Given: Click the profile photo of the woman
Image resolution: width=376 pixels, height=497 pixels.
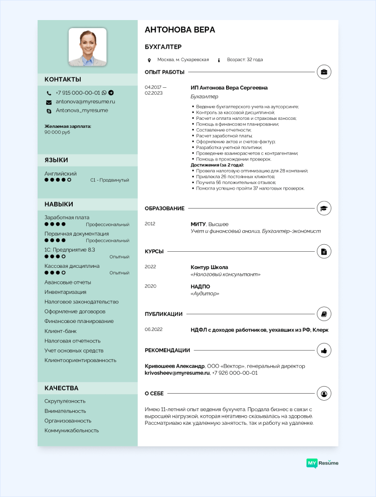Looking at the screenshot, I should click(x=87, y=47).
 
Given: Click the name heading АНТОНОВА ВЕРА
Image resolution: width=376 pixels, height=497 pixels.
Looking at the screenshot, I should click(x=179, y=30).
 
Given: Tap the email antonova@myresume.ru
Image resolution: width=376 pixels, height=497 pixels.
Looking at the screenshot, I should click(x=85, y=101).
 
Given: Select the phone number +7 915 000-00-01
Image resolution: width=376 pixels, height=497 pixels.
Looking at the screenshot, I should click(x=78, y=93).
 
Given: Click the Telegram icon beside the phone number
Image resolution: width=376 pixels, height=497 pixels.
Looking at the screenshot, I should click(x=111, y=93).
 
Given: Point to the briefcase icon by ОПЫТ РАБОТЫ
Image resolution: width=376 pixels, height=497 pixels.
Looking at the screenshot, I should click(x=324, y=72).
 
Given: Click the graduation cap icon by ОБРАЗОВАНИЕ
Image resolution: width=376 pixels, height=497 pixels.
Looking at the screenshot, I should click(x=324, y=208).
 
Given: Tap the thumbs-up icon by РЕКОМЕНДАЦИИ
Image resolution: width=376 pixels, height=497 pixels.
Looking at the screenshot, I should click(x=324, y=350).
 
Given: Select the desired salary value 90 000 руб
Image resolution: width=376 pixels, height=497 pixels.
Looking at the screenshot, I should click(x=57, y=132).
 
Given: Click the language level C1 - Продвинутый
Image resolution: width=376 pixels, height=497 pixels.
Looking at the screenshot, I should click(x=110, y=180).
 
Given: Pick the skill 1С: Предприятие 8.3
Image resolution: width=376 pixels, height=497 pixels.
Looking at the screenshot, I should click(x=70, y=250).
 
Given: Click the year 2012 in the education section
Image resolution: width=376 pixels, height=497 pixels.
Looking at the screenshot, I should click(x=150, y=224).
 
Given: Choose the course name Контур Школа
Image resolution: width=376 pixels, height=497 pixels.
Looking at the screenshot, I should click(x=209, y=267).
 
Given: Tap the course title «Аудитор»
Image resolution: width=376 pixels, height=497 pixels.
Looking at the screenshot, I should click(x=205, y=293).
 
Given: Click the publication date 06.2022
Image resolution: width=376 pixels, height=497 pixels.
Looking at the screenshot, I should click(x=153, y=330).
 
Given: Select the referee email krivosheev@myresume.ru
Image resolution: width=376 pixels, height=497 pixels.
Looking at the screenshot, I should click(x=177, y=373).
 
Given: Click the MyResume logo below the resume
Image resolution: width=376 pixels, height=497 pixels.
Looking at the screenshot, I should click(x=322, y=463).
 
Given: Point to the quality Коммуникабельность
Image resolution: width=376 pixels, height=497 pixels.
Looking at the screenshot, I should click(x=72, y=430).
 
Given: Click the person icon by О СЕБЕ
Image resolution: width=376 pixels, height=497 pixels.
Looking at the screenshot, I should click(x=324, y=393).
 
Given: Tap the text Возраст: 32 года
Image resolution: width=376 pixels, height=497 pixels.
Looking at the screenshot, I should click(x=245, y=60).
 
